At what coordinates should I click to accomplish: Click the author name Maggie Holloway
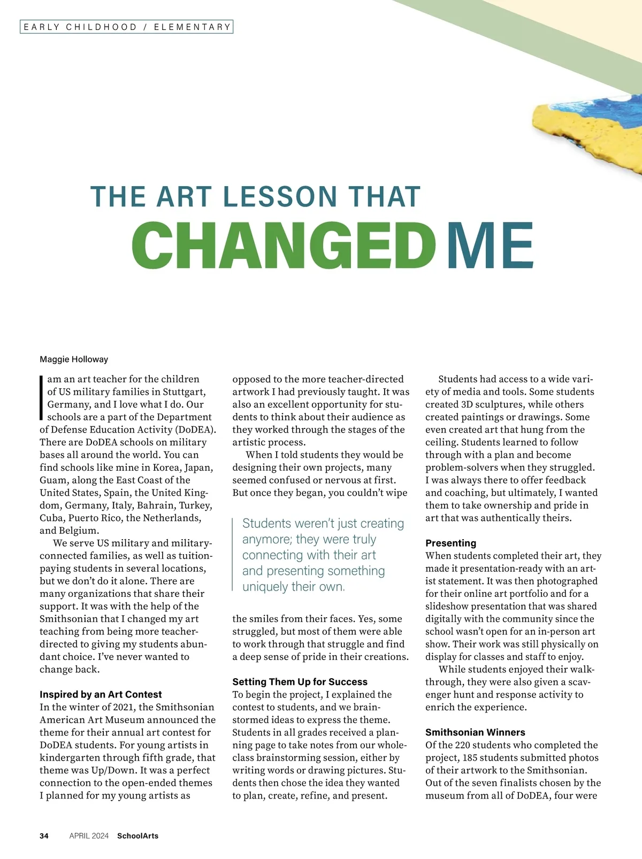tap(74, 359)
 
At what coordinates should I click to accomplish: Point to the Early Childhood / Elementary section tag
tap(127, 27)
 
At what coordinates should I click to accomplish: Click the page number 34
tap(44, 836)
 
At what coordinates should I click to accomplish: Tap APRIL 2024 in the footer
tap(89, 836)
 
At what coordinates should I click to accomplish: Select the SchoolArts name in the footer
tap(137, 836)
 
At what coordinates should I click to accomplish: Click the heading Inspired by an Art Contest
tap(101, 694)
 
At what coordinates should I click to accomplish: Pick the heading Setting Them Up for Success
tap(300, 682)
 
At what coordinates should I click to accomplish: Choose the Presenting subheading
tap(450, 543)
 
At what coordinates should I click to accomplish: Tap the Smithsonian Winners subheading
tap(475, 732)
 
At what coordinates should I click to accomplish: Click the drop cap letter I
tap(41, 397)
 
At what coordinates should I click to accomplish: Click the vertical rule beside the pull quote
tap(233, 555)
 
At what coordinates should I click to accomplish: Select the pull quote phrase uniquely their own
tap(293, 587)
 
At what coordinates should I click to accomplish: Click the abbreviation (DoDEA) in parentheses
tap(196, 429)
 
